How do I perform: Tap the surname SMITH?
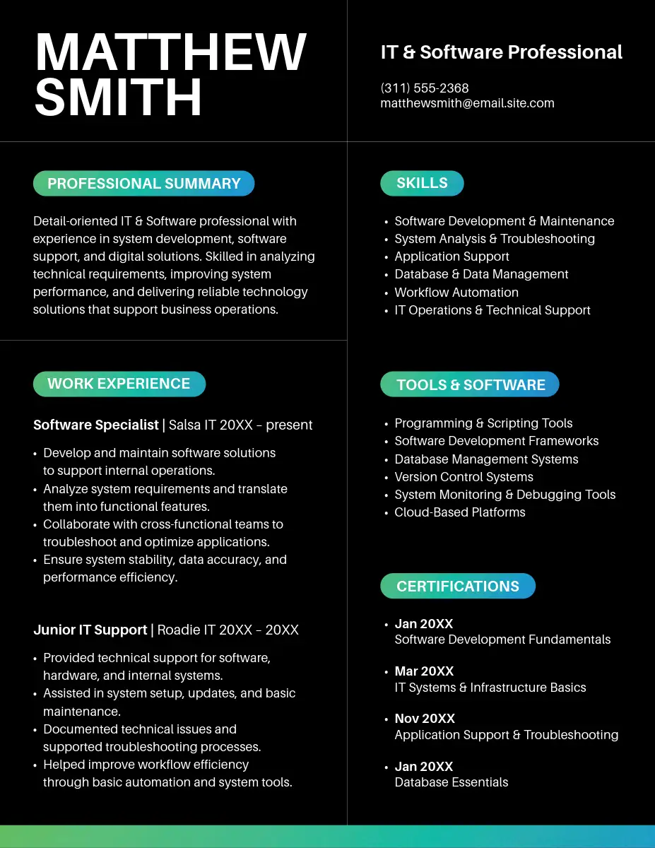pos(118,98)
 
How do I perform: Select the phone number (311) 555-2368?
pos(425,88)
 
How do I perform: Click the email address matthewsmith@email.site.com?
pos(467,103)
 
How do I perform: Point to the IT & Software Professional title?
pos(501,52)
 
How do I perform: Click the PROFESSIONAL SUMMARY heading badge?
pos(143,184)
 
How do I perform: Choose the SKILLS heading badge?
pos(422,183)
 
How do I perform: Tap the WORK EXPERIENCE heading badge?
pos(119,384)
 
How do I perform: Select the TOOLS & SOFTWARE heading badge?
pos(470,384)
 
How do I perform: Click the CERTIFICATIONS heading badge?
pos(458,587)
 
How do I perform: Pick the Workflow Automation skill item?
pos(456,293)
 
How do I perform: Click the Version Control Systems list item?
pos(464,477)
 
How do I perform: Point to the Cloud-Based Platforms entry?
pos(460,512)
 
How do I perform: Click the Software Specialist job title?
pos(96,425)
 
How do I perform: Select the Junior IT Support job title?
pos(90,630)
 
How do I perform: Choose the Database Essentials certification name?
pos(452,782)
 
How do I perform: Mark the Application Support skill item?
pos(452,257)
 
